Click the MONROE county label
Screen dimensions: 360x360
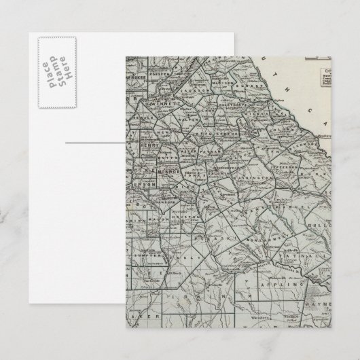pos(168,173)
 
